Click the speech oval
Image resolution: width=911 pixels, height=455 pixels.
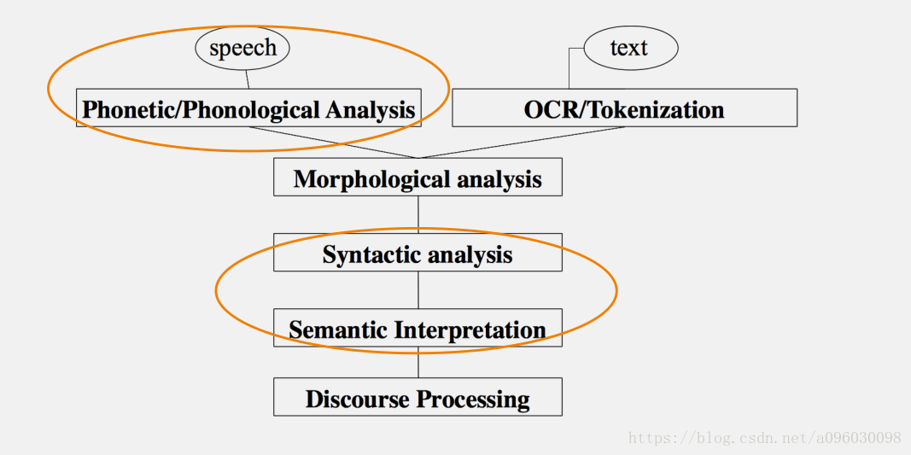point(242,48)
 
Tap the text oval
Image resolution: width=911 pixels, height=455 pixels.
point(630,48)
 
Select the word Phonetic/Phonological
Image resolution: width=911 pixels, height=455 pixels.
point(201,109)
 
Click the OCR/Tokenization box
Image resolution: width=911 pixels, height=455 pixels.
point(624,109)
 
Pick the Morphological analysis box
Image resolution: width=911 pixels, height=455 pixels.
point(418,178)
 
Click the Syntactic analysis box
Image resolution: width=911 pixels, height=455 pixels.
point(418,254)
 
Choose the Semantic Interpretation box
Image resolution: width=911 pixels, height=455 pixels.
point(418,329)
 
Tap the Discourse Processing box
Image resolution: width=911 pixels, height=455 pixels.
point(418,398)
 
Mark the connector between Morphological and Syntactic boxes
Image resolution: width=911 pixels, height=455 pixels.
point(418,214)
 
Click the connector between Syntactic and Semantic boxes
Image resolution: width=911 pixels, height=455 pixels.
point(418,289)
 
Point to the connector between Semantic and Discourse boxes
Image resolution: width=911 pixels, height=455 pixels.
point(418,362)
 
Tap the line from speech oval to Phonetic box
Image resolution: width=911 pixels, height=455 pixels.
point(247,79)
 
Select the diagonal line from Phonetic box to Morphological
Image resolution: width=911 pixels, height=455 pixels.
point(333,143)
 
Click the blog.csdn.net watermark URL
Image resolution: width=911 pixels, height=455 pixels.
point(765,438)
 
